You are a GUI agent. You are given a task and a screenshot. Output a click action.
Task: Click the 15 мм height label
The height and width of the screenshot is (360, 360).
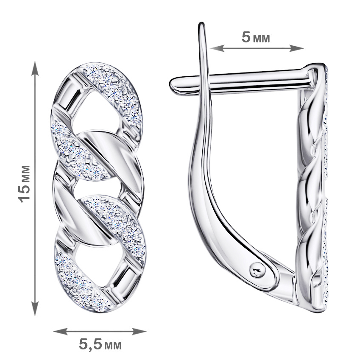coord(25,184)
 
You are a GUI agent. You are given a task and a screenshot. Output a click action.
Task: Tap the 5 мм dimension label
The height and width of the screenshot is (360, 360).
coord(256,37)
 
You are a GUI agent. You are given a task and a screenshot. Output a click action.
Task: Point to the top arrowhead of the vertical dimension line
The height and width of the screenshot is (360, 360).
coord(35,68)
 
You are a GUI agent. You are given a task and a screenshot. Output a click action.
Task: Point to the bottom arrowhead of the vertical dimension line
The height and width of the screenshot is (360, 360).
coord(35,309)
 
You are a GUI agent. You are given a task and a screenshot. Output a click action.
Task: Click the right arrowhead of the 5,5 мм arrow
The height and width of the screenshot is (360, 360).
coord(139,331)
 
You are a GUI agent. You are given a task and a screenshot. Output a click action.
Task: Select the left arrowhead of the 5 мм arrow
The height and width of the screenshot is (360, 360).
coord(218,48)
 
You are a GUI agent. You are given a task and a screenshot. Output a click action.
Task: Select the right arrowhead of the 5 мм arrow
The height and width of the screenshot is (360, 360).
coord(296,48)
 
